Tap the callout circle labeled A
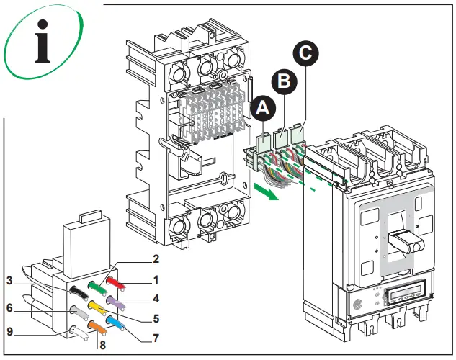pos(263,109)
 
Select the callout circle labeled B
pos(285,81)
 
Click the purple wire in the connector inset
pos(117,302)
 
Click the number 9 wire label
pos(11,332)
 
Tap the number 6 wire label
pos(11,307)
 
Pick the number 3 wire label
pos(11,280)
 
